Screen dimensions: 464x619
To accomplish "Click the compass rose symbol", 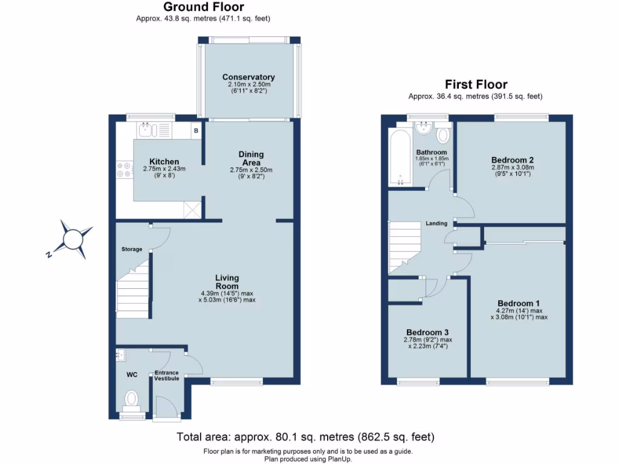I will tap(73, 239).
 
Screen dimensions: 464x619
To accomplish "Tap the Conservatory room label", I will tap(248, 77).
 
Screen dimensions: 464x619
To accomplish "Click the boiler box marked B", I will tap(195, 130).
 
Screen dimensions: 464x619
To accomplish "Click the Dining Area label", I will tap(251, 158).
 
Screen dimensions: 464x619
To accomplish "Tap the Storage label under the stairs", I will tap(131, 249).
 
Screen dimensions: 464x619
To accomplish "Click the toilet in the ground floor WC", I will tap(131, 399).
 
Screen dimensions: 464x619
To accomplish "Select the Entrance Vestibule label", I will tap(166, 375).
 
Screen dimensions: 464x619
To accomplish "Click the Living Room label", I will tap(227, 282).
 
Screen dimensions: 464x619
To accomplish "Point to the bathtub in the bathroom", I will tap(400, 156).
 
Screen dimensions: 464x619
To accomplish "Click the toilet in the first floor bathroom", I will tap(443, 134).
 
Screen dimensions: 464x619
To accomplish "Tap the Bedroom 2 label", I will tap(512, 160).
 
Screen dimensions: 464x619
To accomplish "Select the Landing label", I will tap(436, 224).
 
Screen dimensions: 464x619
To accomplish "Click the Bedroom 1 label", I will tap(519, 303).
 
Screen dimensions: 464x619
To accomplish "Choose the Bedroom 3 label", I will tap(427, 332).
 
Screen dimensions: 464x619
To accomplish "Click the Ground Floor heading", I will tap(204, 7).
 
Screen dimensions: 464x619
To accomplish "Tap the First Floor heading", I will tap(476, 85).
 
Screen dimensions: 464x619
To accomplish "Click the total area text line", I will tap(305, 436).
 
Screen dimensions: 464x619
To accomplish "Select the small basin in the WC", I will tap(120, 355).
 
